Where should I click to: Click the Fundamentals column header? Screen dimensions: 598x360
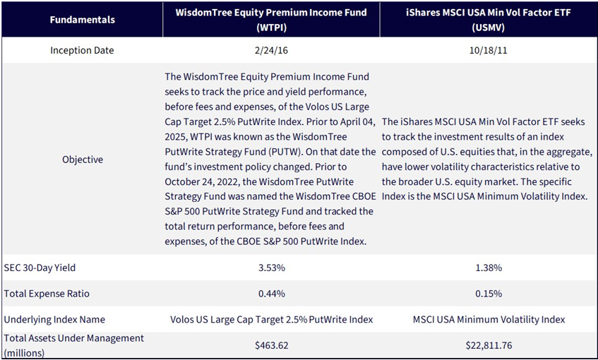(x=83, y=20)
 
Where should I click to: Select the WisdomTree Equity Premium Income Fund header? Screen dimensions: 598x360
(x=271, y=20)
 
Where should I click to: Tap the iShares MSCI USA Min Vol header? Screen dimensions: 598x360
(x=489, y=20)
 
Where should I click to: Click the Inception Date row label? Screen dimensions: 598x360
(x=82, y=50)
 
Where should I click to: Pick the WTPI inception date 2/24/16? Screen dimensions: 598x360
(x=271, y=50)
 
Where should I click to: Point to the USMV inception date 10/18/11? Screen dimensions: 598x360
(x=489, y=50)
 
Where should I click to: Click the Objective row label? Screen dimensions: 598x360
(x=83, y=160)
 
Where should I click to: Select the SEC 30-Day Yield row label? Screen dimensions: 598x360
(x=40, y=268)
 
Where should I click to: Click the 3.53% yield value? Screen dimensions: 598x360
(x=272, y=268)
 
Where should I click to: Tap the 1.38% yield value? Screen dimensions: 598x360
(x=489, y=268)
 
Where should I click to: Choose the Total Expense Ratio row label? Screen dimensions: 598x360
(x=47, y=294)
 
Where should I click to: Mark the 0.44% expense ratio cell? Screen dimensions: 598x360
(x=272, y=294)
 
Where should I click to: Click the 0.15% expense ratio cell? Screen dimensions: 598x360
(x=489, y=294)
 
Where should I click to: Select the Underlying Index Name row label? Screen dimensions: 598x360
(x=54, y=320)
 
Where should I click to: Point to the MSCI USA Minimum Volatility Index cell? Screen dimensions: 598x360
(x=489, y=320)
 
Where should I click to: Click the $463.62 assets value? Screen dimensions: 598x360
(x=272, y=345)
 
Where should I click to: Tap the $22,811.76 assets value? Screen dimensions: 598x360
(x=489, y=345)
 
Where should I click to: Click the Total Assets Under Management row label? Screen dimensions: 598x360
(x=73, y=345)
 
